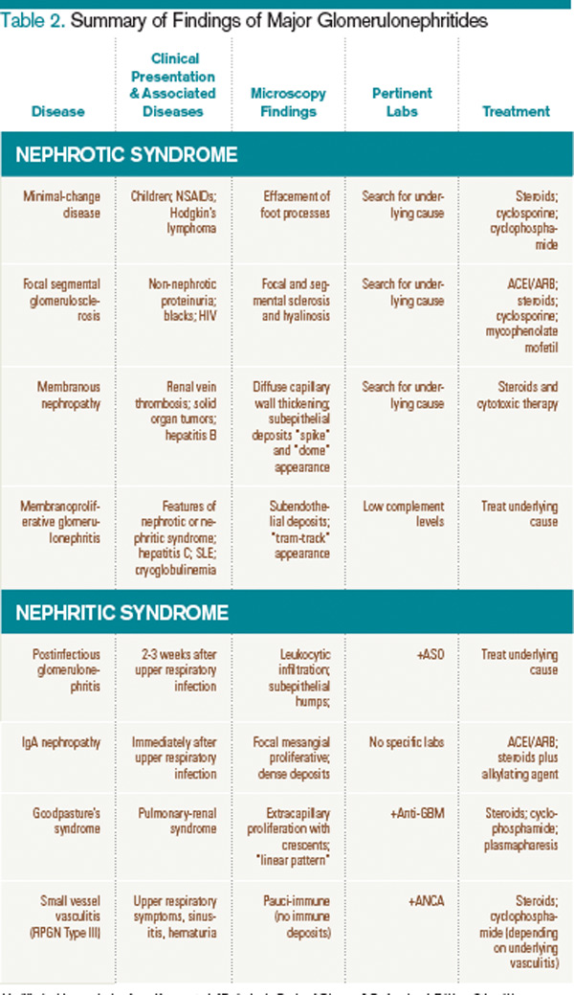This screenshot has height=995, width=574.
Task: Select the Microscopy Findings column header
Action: pos(289,102)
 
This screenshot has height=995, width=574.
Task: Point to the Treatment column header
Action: pos(517,111)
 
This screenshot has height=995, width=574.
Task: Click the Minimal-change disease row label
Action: pos(61,204)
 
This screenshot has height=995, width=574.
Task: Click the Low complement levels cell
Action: pos(403,512)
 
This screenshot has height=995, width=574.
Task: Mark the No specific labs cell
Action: pos(403,740)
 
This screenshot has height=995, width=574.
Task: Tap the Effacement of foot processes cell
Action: pos(289,204)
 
